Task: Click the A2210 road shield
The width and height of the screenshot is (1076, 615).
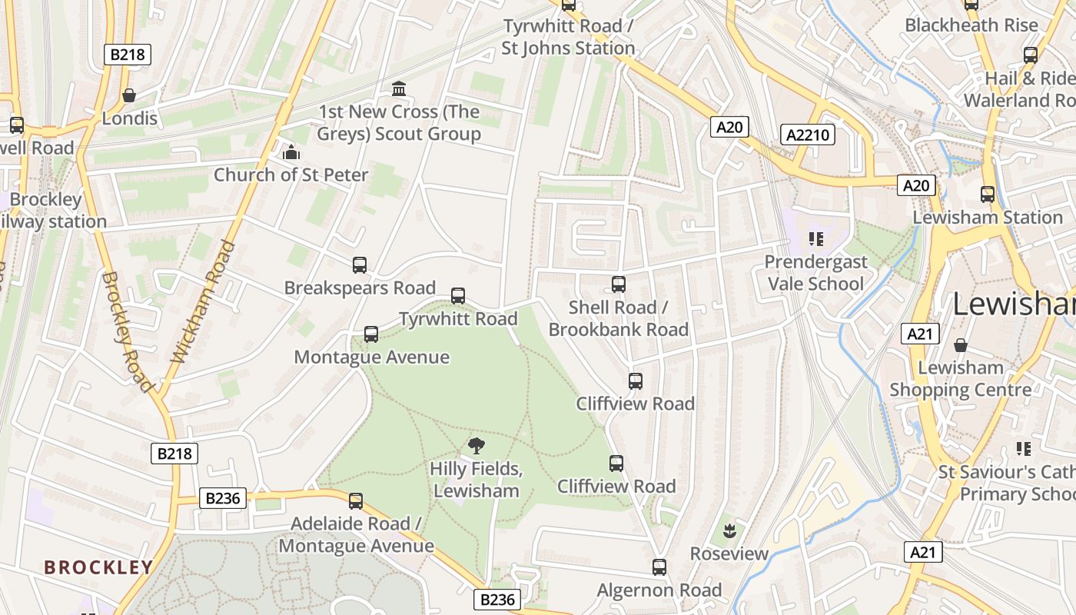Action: tap(808, 135)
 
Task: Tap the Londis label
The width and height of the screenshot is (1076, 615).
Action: tap(130, 118)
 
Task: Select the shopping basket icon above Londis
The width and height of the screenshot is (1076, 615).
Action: tap(129, 95)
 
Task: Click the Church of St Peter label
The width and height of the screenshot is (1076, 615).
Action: tap(291, 175)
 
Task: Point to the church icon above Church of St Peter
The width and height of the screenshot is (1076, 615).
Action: tap(291, 152)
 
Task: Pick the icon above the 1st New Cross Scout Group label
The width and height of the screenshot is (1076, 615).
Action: tap(399, 89)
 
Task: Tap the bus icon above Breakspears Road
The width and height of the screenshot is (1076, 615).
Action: tap(359, 265)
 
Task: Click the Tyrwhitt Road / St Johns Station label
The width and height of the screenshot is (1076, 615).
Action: tap(568, 37)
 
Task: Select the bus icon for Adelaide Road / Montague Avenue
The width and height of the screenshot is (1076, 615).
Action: tap(355, 501)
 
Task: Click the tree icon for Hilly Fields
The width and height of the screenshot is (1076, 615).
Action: tap(477, 445)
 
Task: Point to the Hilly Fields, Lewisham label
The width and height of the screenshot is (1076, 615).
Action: tap(476, 480)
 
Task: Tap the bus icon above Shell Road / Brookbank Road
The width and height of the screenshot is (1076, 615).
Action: tap(619, 284)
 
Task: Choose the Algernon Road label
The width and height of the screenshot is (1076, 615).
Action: tap(659, 590)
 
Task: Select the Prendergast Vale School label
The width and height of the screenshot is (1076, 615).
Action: tap(815, 273)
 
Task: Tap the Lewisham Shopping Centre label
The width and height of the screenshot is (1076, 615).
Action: tap(961, 378)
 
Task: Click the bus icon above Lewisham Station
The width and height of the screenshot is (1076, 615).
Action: tap(988, 194)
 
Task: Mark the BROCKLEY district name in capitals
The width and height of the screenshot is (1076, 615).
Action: tap(98, 567)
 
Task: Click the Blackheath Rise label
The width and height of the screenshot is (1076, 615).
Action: tap(971, 25)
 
